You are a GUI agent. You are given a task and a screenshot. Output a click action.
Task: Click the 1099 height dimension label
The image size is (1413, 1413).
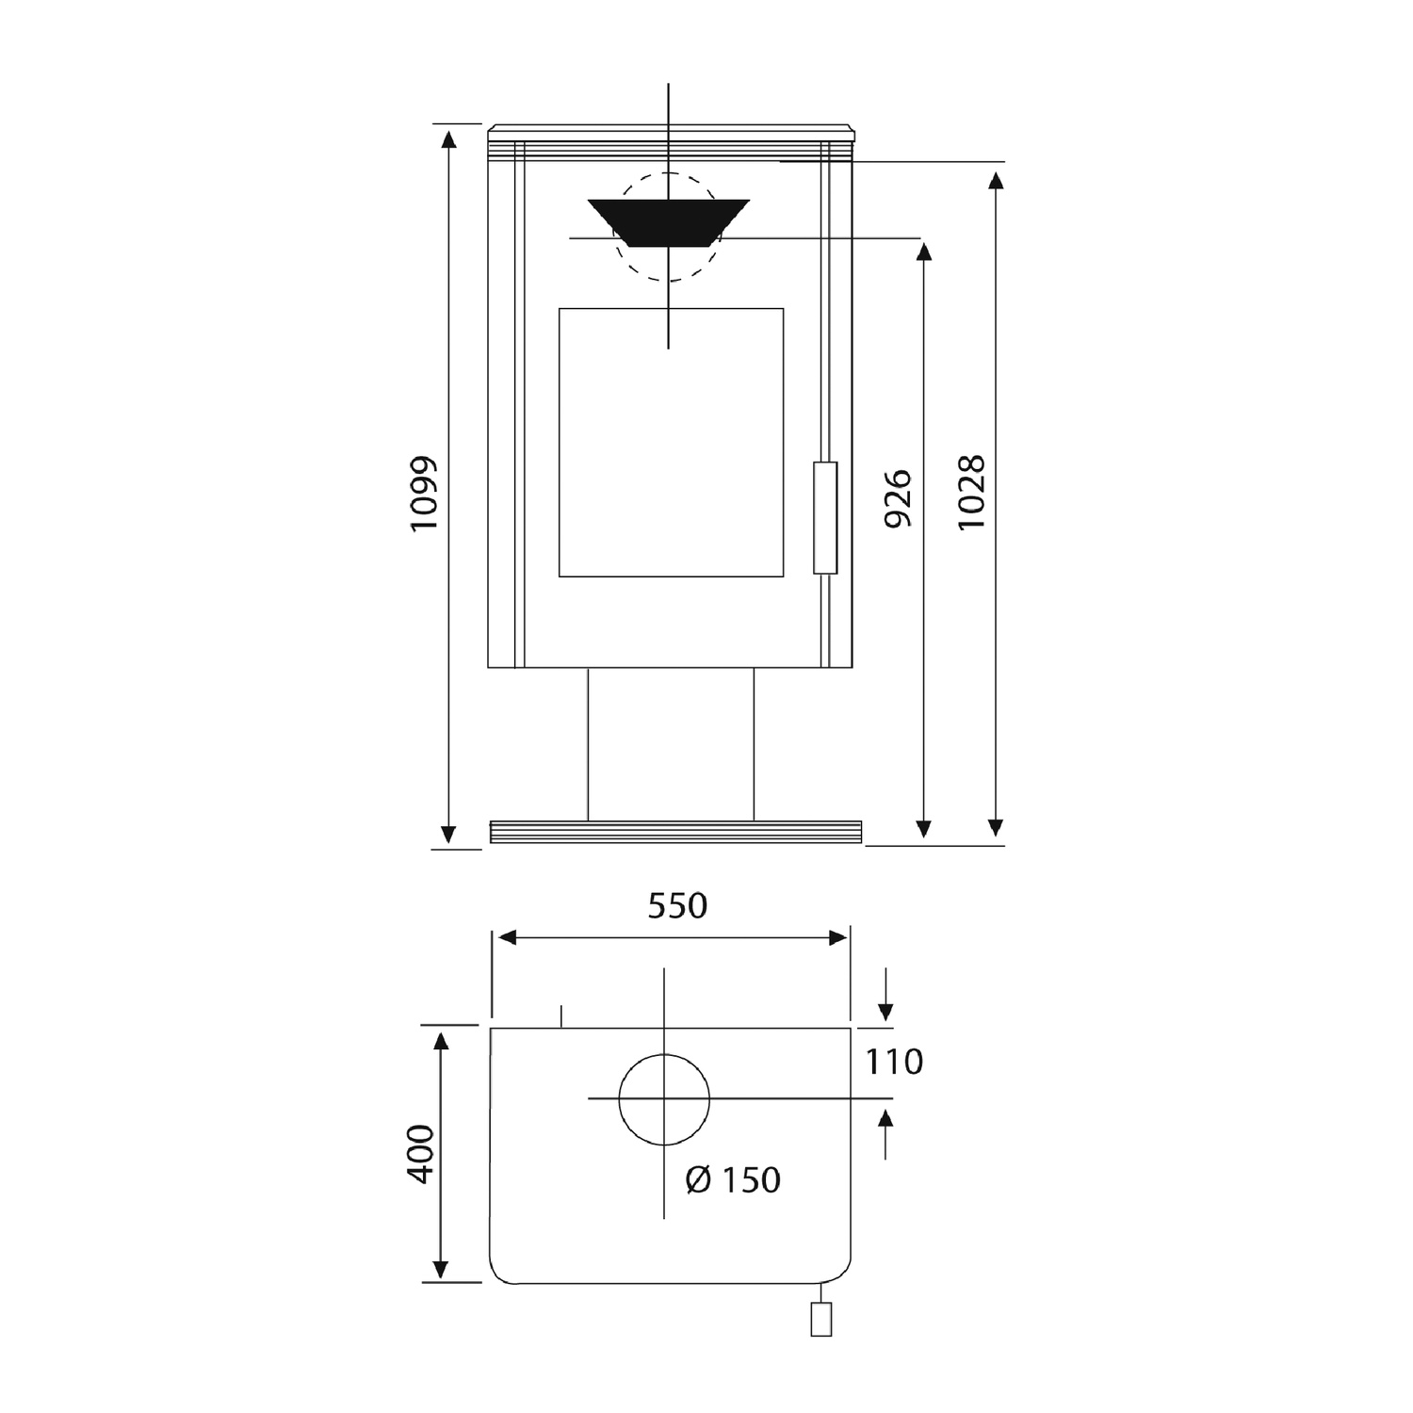coord(425,495)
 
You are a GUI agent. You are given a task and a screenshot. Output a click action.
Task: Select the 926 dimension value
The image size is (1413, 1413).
coord(900,498)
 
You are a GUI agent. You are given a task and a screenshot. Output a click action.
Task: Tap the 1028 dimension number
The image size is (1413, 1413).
coord(971,492)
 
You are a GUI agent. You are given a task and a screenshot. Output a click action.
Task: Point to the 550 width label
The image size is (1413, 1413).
coord(677,906)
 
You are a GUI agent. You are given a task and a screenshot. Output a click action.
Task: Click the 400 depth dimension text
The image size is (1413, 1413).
coord(421,1154)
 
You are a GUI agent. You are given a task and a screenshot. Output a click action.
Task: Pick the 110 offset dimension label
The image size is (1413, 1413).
coord(894,1062)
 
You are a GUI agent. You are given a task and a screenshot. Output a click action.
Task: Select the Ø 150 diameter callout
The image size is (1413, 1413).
coord(734,1179)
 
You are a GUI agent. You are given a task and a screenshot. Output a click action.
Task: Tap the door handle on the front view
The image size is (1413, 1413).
coord(825,517)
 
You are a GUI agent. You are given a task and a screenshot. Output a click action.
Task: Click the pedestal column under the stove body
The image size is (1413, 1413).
coord(671,744)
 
